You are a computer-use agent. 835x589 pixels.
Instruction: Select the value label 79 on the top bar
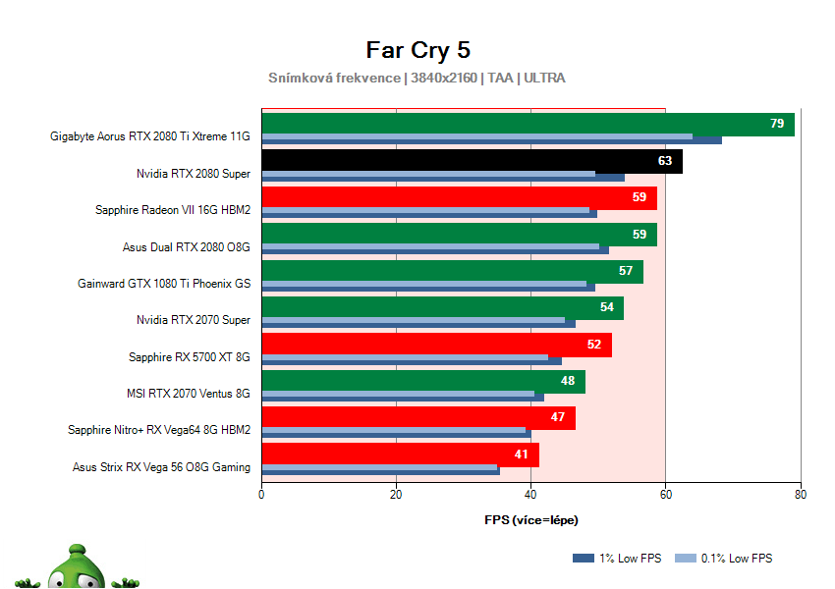pos(776,124)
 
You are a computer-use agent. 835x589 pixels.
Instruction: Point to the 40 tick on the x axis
pos(530,495)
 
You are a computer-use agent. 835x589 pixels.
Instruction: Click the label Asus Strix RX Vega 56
pos(161,467)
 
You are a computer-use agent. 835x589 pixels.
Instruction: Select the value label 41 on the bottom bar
pos(521,455)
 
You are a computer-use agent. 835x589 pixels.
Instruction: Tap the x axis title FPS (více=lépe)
pos(530,519)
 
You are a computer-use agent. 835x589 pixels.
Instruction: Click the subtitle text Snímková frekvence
pos(334,78)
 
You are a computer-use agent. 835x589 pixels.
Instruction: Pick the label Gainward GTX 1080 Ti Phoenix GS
pos(164,284)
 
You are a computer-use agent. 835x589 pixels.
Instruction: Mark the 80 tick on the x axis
pos(801,495)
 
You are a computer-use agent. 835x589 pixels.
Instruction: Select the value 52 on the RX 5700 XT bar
pos(593,345)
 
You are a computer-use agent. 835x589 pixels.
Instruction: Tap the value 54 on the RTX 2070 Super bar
pos(606,307)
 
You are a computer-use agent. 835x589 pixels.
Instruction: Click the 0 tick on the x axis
pos(261,495)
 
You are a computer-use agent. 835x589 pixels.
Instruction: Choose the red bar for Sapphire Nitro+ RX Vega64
pos(413,417)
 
